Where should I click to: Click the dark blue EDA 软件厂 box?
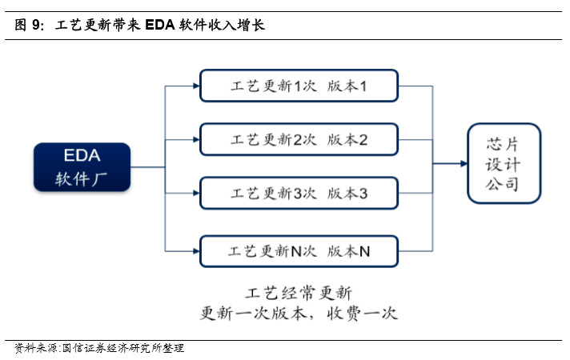click(x=82, y=167)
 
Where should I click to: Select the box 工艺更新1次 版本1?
click(x=298, y=86)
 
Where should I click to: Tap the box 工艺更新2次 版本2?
click(x=298, y=139)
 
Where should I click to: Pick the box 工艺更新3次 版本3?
click(x=298, y=194)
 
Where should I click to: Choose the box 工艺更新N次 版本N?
click(x=298, y=251)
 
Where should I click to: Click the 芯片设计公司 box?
click(x=504, y=164)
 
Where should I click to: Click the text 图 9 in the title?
click(x=30, y=25)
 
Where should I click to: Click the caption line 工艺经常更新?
click(x=298, y=291)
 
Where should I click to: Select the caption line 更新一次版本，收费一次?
click(x=298, y=312)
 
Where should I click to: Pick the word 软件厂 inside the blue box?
click(x=82, y=178)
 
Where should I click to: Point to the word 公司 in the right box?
click(x=504, y=185)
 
